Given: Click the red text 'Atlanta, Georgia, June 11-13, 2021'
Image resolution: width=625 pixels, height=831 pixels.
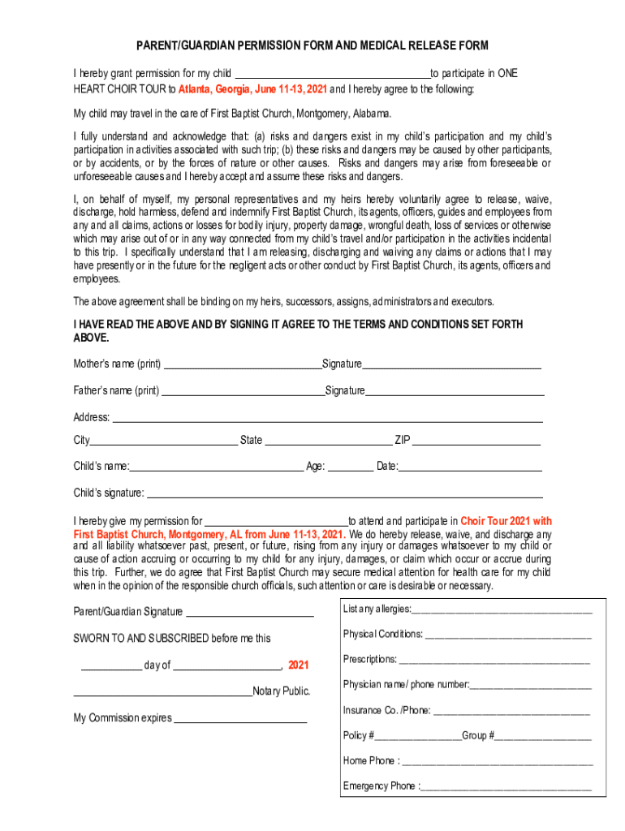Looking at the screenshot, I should (252, 89).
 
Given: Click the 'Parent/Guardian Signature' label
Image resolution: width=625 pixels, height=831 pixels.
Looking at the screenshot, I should (128, 612).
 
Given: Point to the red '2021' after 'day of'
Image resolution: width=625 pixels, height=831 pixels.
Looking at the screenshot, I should (298, 665).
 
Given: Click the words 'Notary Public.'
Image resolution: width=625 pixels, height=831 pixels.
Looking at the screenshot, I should (282, 691).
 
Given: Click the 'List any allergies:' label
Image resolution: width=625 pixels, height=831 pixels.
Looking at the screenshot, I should (377, 609).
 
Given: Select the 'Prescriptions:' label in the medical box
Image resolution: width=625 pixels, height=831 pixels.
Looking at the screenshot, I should (369, 660).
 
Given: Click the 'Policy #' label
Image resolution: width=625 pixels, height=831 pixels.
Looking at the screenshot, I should (358, 736).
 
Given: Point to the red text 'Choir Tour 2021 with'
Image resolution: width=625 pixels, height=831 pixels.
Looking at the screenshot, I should (506, 521).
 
